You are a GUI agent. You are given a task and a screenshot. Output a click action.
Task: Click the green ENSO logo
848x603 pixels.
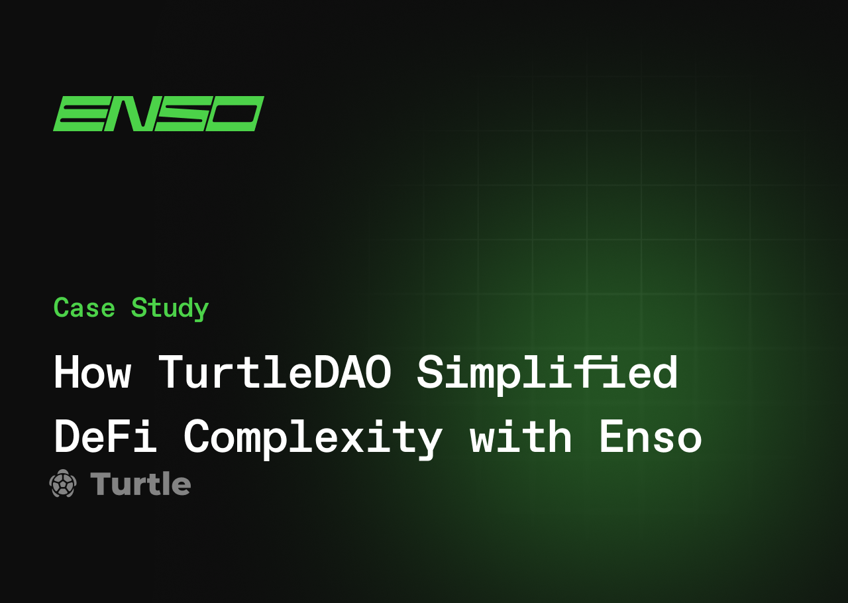click(x=158, y=113)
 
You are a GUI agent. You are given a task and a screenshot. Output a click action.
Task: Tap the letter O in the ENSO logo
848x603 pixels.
click(x=235, y=113)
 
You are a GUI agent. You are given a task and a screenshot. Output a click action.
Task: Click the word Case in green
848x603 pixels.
click(x=84, y=308)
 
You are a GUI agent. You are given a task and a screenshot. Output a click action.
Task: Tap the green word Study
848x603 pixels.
click(x=170, y=309)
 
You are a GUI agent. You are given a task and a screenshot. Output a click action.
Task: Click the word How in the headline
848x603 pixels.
click(x=92, y=373)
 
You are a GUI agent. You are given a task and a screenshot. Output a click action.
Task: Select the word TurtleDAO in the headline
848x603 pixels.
click(x=274, y=373)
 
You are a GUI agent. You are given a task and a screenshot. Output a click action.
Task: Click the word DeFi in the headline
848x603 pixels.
click(x=105, y=437)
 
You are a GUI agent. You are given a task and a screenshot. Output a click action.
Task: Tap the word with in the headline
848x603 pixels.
click(x=521, y=437)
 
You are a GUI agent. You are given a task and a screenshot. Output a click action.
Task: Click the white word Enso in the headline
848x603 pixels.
click(x=650, y=437)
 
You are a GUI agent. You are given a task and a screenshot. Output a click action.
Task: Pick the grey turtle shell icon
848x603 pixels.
click(x=63, y=483)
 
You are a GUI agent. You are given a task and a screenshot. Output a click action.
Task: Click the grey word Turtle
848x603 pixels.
click(x=140, y=484)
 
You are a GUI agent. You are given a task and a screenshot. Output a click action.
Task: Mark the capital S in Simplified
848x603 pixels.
click(x=429, y=373)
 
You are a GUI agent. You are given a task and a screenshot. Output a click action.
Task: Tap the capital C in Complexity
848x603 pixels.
click(x=196, y=437)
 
